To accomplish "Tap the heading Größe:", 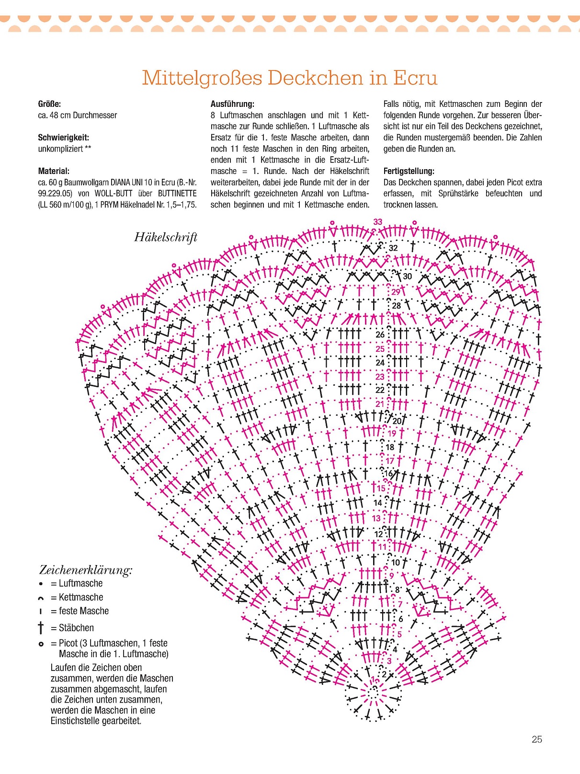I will point(49,104).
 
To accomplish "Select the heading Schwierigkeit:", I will point(63,138).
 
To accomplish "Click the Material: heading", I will point(54,171).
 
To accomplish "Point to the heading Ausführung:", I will point(232,104).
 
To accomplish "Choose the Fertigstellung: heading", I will point(409,171).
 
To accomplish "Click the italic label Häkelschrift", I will point(166,237).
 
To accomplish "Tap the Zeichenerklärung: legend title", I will point(86,570).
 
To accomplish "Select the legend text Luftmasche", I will point(80,583).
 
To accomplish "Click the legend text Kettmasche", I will point(81,597).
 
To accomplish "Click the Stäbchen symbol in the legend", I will point(41,628).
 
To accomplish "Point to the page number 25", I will point(537,739).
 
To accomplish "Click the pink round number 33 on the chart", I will point(378,222).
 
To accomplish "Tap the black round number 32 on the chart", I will point(393,248).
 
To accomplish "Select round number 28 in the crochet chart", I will point(397,305).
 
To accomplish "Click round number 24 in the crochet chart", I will point(380,363).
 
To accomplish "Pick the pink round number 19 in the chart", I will point(392,433).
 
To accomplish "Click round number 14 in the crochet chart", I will point(378,503).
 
